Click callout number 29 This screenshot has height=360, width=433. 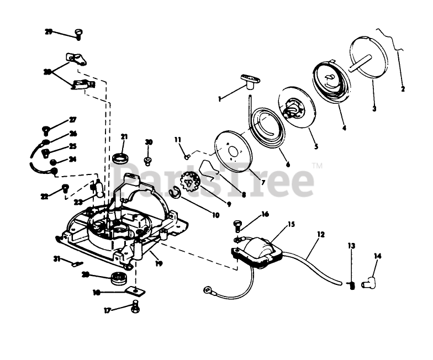click(49, 32)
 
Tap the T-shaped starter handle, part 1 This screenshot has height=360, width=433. click(249, 81)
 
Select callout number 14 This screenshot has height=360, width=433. click(378, 256)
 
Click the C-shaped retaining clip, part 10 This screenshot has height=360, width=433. click(174, 192)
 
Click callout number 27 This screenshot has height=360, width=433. click(73, 120)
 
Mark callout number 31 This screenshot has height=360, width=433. click(56, 258)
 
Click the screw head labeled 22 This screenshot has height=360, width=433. click(65, 188)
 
